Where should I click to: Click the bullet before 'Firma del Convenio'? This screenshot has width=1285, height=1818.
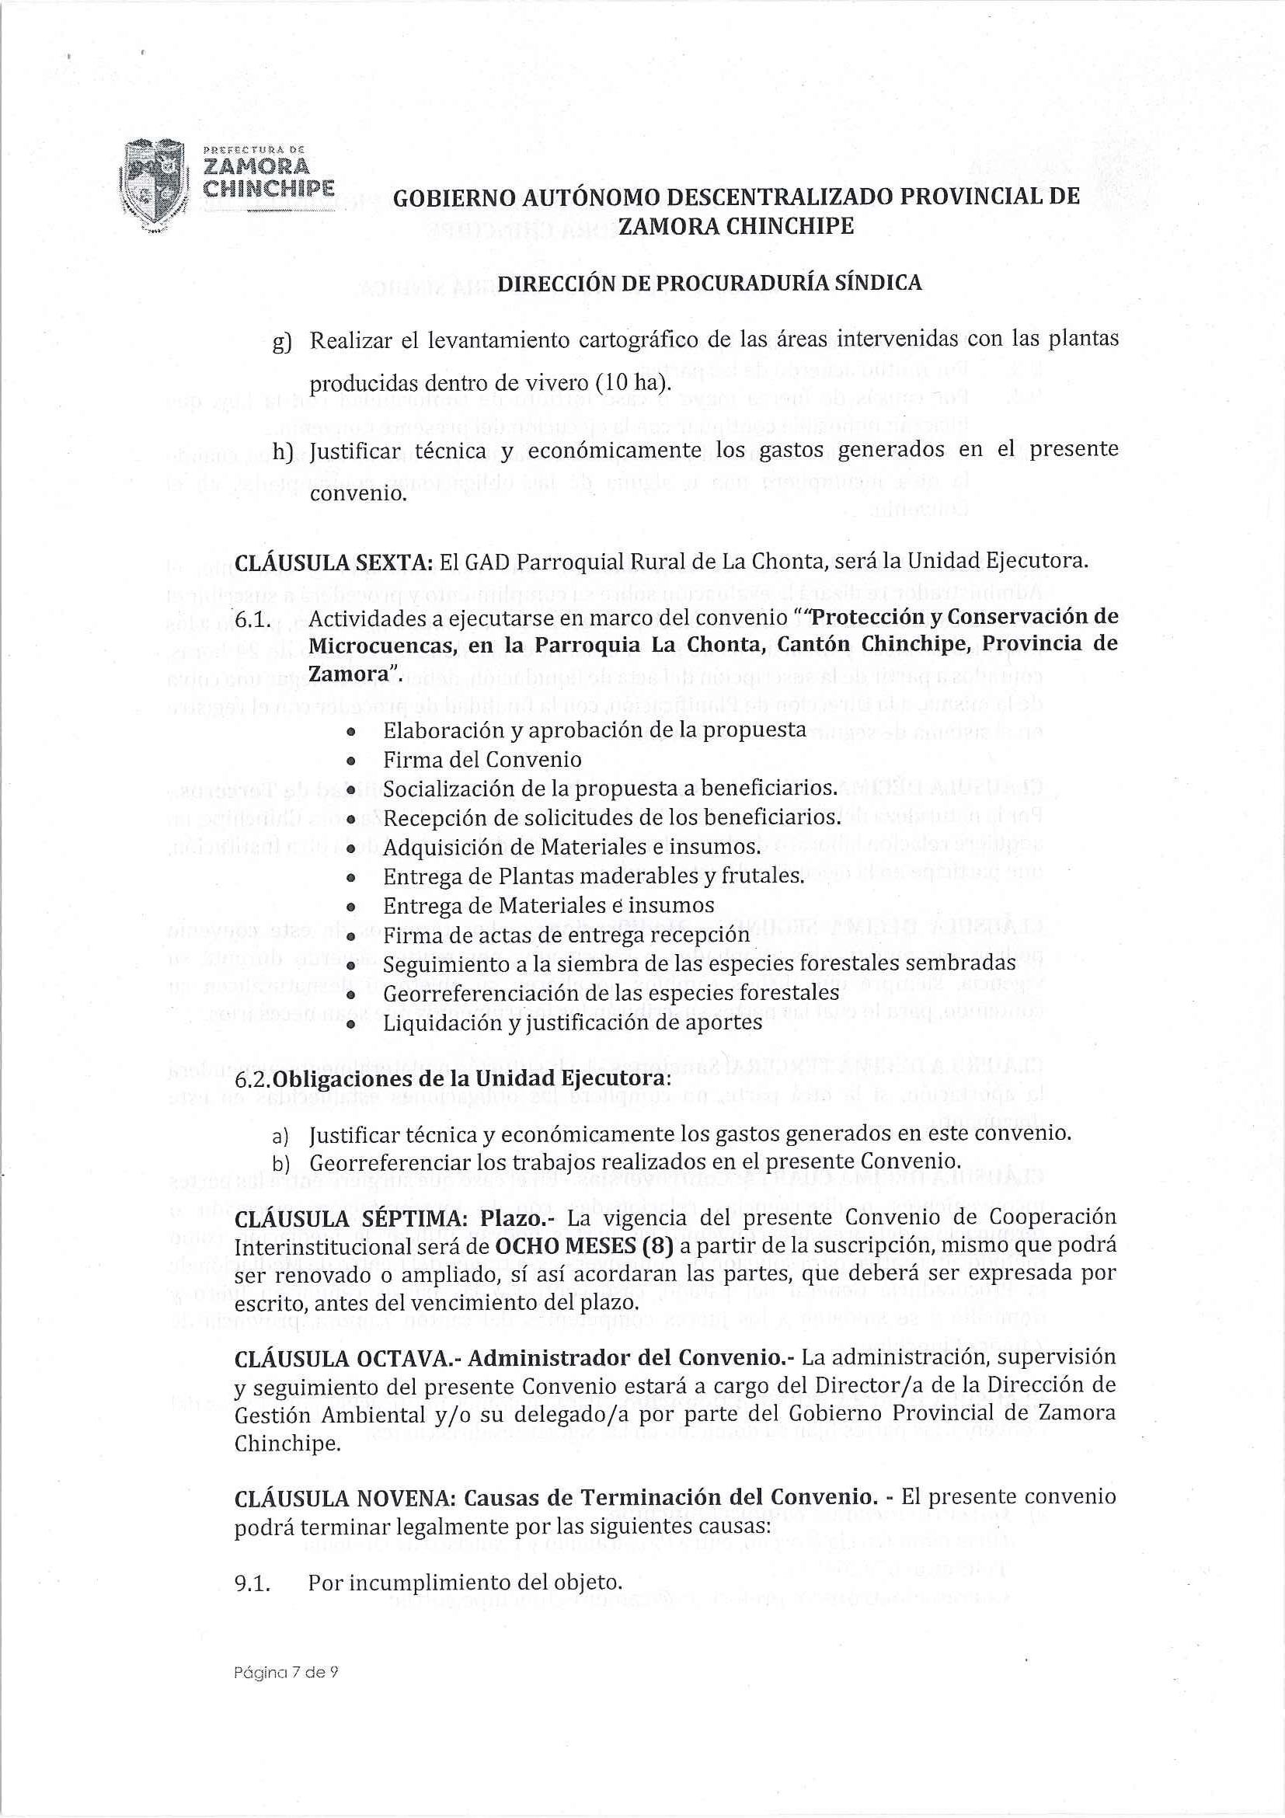pos(349,760)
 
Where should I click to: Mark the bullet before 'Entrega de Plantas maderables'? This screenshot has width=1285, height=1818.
pos(349,876)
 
